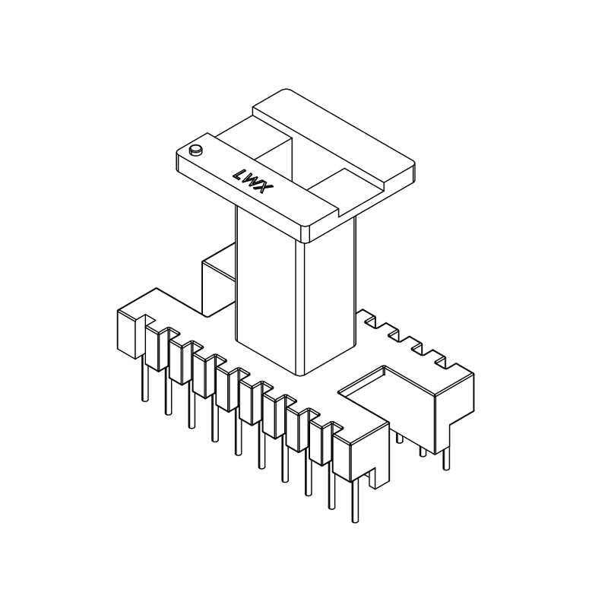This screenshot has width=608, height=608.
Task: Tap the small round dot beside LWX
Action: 195,150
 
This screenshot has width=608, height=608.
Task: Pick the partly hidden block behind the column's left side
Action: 217,285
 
